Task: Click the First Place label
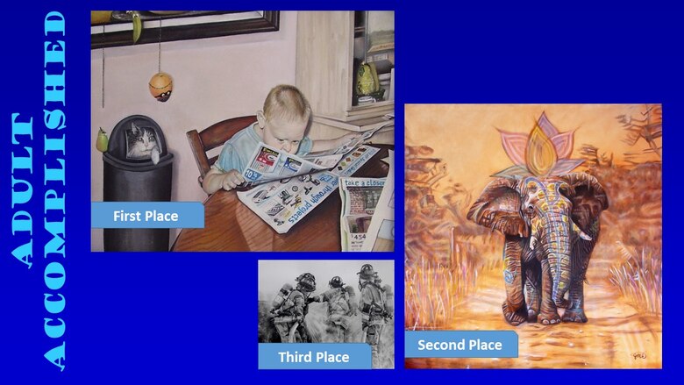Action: [146, 216]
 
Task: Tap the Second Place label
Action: [460, 345]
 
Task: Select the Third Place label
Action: [313, 357]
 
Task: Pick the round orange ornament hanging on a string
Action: [160, 86]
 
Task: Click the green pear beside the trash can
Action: [103, 139]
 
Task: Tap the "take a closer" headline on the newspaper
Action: [365, 182]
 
